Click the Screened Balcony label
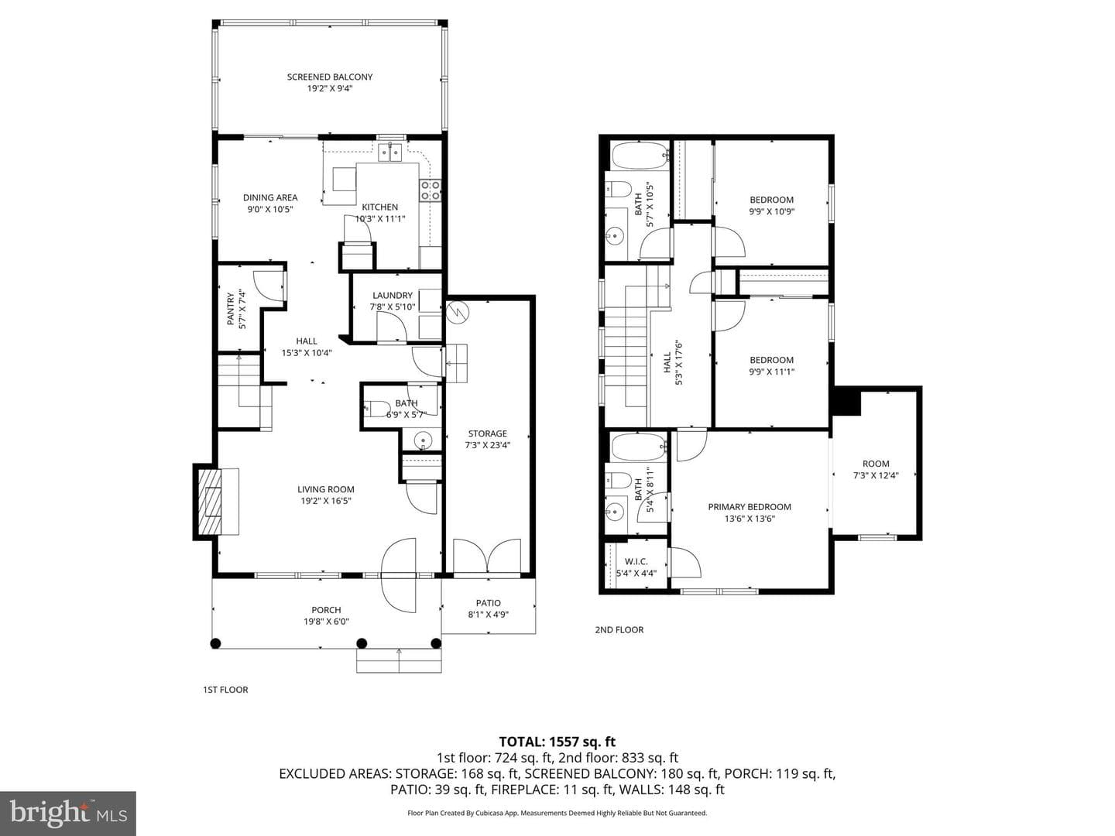[x=330, y=77]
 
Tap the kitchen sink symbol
[x=390, y=152]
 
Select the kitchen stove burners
[x=431, y=190]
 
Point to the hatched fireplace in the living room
[x=210, y=501]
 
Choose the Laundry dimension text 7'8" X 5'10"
[x=393, y=307]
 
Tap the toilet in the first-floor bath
[x=377, y=408]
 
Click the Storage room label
[x=488, y=433]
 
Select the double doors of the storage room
[x=487, y=557]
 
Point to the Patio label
[x=488, y=603]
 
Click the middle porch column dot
[x=362, y=643]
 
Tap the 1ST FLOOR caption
[x=225, y=690]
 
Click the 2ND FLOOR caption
[x=619, y=630]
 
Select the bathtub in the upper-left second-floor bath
[x=640, y=156]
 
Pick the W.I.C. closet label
[x=636, y=561]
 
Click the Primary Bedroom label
[x=750, y=506]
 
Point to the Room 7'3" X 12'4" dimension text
[x=876, y=475]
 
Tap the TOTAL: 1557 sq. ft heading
[x=557, y=742]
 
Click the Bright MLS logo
[x=68, y=813]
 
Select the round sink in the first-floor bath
[x=422, y=440]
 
